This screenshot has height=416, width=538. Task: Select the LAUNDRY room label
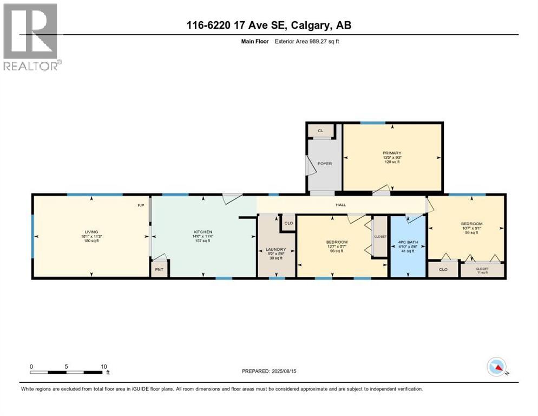(x=276, y=250)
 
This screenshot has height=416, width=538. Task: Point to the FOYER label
(x=324, y=164)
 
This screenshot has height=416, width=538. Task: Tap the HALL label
(x=340, y=205)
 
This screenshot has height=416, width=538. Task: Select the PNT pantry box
(x=160, y=269)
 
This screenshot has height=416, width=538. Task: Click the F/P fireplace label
(x=140, y=205)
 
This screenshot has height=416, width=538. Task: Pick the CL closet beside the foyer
(x=320, y=131)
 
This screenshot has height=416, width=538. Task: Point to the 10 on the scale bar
(x=104, y=366)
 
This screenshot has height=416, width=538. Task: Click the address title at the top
(x=268, y=25)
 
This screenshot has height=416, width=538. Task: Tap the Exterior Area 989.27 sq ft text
(x=309, y=41)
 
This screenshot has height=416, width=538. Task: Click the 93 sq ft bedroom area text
(x=337, y=250)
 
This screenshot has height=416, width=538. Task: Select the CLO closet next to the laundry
(x=288, y=223)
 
